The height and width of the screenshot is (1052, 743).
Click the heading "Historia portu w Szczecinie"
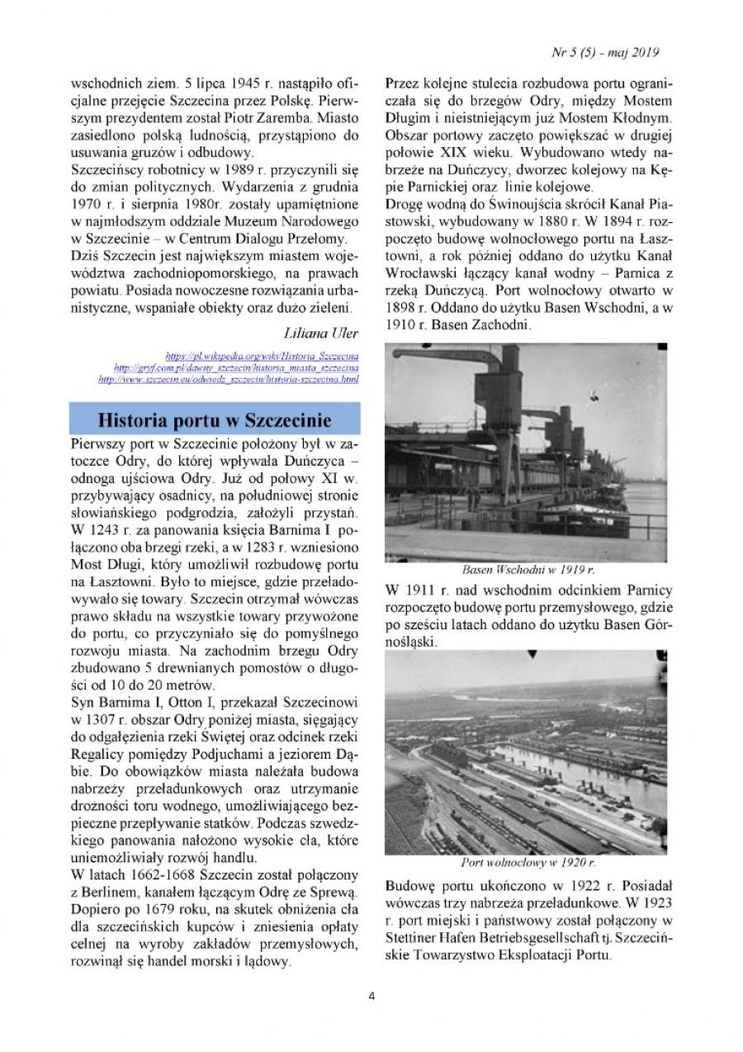215,419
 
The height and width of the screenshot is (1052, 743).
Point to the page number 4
371,995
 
